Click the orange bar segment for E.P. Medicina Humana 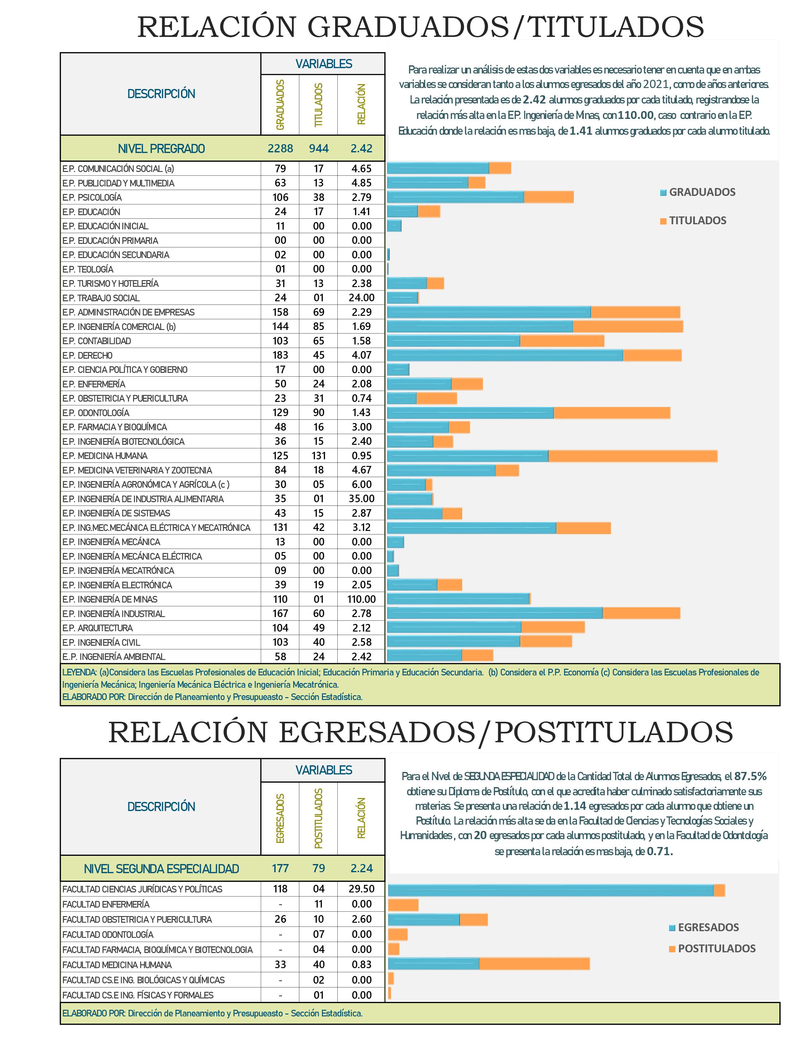click(x=632, y=456)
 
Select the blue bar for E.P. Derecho click(x=505, y=355)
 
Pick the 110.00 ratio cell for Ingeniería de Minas click(x=362, y=599)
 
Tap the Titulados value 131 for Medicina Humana click(x=319, y=456)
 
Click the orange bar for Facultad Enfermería click(x=403, y=905)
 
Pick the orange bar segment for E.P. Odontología click(x=612, y=413)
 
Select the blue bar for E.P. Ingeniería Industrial click(x=495, y=614)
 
